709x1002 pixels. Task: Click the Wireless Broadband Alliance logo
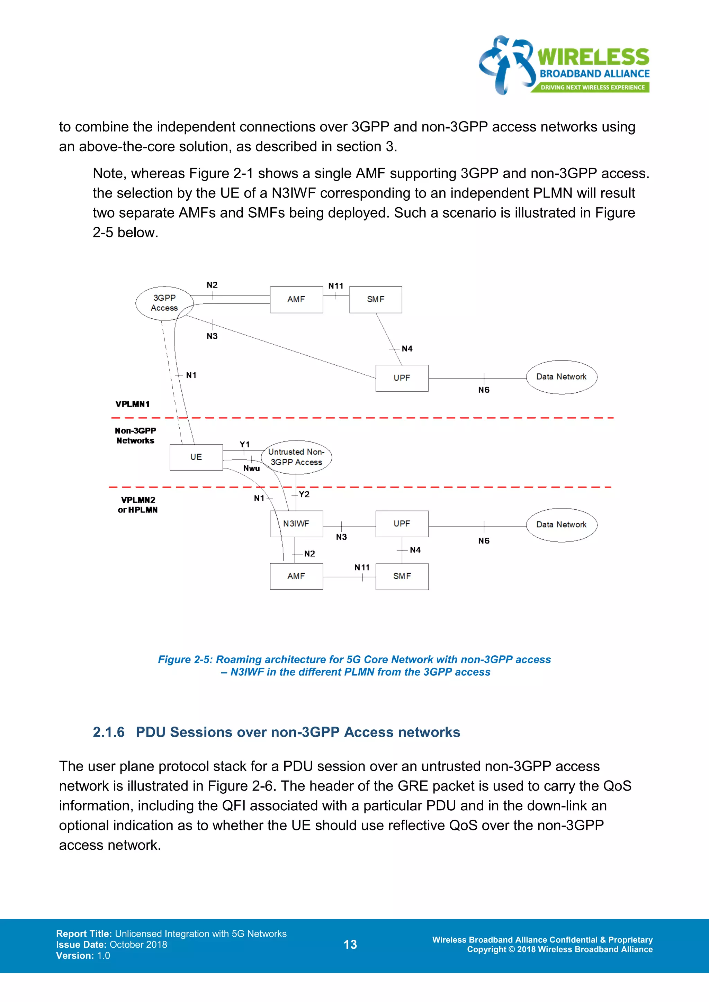[x=564, y=65]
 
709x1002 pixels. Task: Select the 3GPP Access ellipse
[x=164, y=302]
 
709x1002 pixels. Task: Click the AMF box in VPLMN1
[x=296, y=299]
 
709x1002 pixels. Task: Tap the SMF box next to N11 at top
[x=376, y=299]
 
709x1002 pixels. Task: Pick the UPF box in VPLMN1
[x=402, y=378]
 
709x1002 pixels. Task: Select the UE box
[x=196, y=457]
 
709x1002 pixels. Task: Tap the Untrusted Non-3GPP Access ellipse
[x=296, y=457]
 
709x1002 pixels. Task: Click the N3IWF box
[x=296, y=524]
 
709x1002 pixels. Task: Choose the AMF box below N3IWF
[x=296, y=576]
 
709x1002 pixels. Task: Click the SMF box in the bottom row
[x=402, y=576]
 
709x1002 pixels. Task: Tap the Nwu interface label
[x=251, y=468]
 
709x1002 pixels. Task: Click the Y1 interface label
[x=244, y=444]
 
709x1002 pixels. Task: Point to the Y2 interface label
[x=304, y=494]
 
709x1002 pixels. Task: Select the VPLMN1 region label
[x=132, y=404]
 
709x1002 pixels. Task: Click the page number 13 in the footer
[x=350, y=945]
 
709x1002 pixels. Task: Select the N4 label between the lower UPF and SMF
[x=415, y=550]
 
